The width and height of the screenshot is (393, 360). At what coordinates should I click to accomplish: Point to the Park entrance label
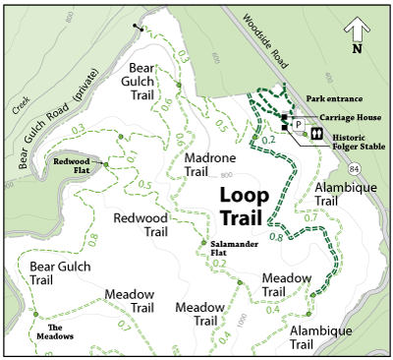click(334, 98)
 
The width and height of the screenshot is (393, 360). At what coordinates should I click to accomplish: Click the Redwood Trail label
click(141, 225)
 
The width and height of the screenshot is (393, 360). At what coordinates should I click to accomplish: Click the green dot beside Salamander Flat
click(203, 243)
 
